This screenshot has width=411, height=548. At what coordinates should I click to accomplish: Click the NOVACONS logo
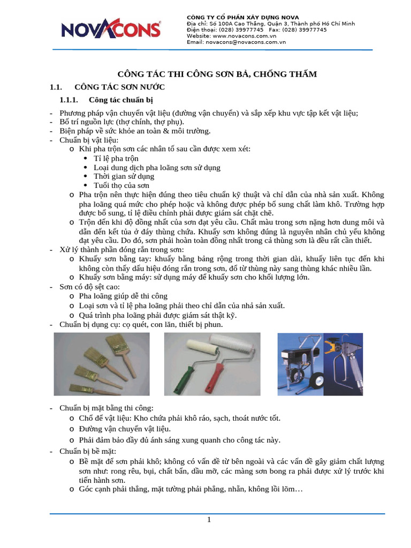(x=111, y=29)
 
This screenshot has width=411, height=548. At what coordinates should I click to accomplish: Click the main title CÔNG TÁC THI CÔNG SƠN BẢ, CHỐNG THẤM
(x=217, y=74)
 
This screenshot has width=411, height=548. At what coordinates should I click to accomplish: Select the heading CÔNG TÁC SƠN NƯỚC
(x=119, y=87)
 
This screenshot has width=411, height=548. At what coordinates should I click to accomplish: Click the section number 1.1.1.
(x=68, y=100)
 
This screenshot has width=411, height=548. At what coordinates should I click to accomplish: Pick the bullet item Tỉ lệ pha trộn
(x=116, y=158)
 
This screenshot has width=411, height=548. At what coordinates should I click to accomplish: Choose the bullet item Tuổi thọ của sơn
(x=121, y=185)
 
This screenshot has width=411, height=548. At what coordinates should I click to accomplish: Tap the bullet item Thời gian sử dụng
(x=124, y=176)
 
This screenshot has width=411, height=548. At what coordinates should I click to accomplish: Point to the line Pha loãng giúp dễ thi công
(x=123, y=296)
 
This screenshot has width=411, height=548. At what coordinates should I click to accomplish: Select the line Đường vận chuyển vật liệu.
(x=125, y=429)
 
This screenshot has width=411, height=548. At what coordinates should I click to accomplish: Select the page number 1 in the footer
(x=209, y=520)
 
